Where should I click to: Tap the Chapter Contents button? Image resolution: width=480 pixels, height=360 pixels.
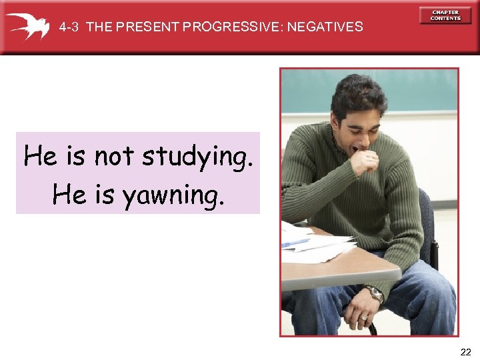[x=445, y=15]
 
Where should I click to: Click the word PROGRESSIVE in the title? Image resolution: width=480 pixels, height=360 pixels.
[x=229, y=27]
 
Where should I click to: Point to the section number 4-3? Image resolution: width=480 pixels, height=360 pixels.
[x=69, y=27]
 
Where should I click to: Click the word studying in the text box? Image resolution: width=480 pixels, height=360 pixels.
[x=197, y=157]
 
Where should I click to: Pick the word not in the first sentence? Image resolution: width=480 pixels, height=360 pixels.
[x=115, y=157]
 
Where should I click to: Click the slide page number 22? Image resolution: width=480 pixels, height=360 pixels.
[x=465, y=351]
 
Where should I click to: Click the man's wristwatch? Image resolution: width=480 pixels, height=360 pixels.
[x=375, y=293]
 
